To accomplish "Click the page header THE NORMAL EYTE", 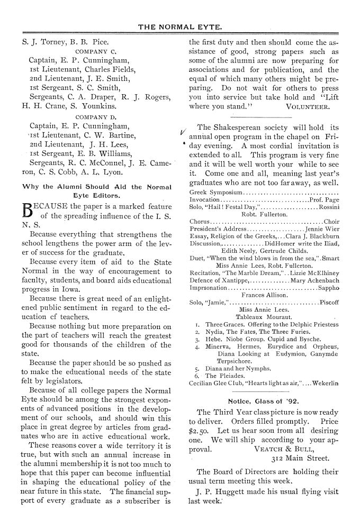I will (x=180, y=26).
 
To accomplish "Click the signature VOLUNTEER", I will (x=307, y=105).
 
